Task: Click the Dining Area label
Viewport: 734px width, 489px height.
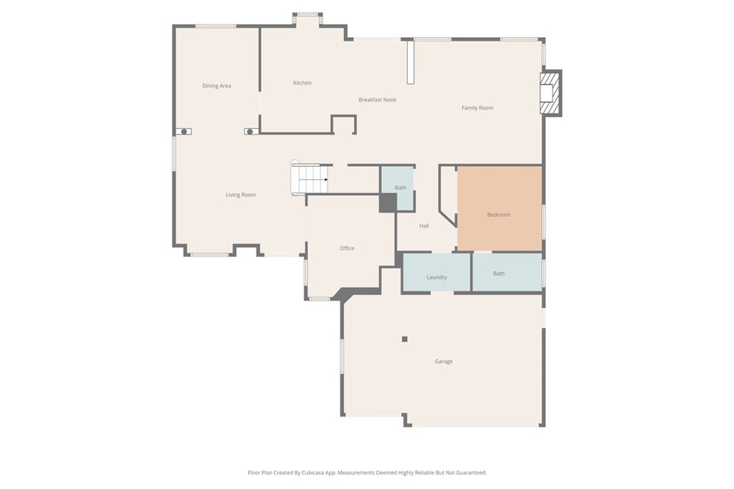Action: pos(216,86)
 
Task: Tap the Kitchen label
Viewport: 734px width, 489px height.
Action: pos(302,83)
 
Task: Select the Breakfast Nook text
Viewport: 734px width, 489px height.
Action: pos(377,100)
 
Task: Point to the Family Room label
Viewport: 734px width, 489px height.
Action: pos(477,108)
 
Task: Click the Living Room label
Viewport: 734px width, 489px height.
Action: pos(241,195)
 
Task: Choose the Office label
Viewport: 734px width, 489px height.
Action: pos(347,248)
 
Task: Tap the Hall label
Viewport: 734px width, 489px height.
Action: pos(424,226)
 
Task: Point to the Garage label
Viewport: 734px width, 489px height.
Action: pos(444,362)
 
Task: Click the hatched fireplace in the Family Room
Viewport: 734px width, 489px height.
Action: pos(549,92)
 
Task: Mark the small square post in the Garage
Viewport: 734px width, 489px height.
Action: pos(404,339)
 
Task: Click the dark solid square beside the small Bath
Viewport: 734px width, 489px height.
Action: pos(387,203)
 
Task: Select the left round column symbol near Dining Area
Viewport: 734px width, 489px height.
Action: pos(184,132)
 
